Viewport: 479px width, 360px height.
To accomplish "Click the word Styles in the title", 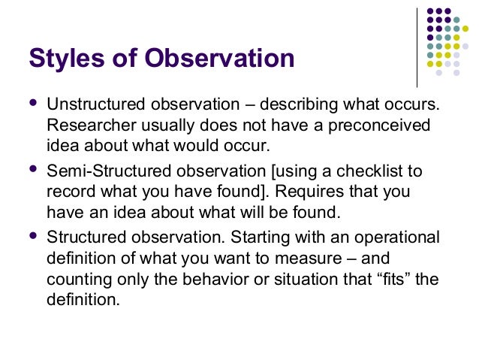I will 68,59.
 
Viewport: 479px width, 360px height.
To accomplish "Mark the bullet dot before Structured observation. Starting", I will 32,237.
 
